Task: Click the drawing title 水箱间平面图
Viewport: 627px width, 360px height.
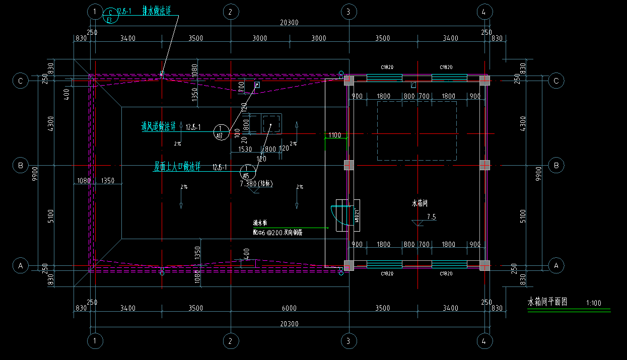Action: pyautogui.click(x=547, y=303)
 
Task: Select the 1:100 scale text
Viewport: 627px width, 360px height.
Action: pyautogui.click(x=594, y=304)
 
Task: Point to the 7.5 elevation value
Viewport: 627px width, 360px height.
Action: pyautogui.click(x=431, y=217)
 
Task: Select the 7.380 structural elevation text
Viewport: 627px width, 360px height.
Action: pyautogui.click(x=257, y=184)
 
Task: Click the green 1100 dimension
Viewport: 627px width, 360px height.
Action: pyautogui.click(x=335, y=135)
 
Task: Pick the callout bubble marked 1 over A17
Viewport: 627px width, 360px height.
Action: pyautogui.click(x=220, y=132)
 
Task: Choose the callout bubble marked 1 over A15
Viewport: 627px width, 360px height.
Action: pyautogui.click(x=246, y=172)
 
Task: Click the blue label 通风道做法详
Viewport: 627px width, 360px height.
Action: pyautogui.click(x=158, y=127)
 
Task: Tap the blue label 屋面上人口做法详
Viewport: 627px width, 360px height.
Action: pyautogui.click(x=177, y=167)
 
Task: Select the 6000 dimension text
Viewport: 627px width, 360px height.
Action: pyautogui.click(x=289, y=308)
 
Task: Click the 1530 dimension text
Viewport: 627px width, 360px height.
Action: pyautogui.click(x=245, y=149)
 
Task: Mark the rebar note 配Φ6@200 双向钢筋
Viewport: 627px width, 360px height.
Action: pyautogui.click(x=277, y=233)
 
